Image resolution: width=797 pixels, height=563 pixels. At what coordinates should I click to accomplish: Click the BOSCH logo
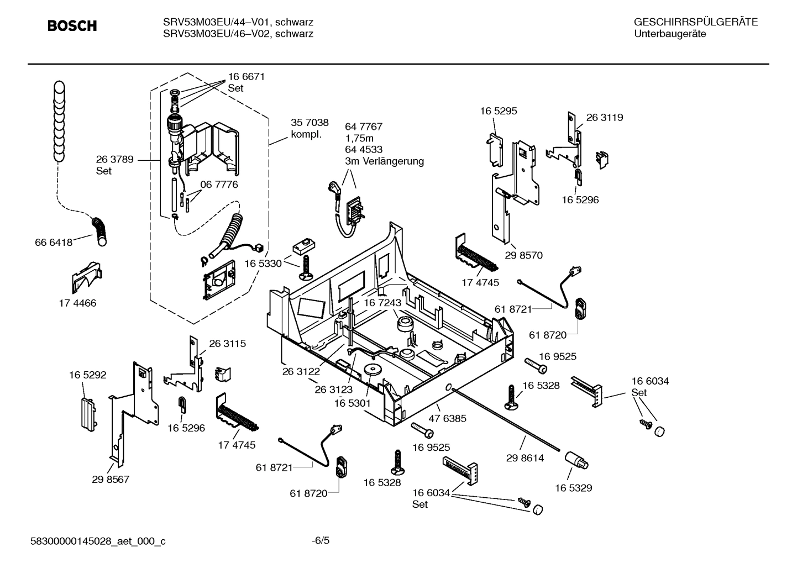(x=72, y=26)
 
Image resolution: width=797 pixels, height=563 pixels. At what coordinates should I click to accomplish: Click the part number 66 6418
(x=54, y=242)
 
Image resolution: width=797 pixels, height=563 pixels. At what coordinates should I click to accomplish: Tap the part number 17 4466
(x=77, y=303)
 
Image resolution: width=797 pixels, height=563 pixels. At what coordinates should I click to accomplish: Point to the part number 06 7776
(x=219, y=185)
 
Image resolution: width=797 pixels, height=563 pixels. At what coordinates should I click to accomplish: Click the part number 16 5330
(x=263, y=264)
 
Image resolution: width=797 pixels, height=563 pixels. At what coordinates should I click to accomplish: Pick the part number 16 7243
(x=382, y=303)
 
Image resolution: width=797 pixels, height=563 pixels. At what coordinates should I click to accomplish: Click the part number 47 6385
(x=447, y=418)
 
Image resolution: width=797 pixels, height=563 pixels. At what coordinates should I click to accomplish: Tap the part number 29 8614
(x=525, y=457)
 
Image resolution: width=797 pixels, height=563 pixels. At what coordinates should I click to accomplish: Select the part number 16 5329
(x=573, y=488)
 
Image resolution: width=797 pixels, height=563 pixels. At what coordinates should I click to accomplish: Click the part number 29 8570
(x=524, y=255)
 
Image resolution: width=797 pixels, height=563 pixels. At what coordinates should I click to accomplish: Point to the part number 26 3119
(x=604, y=117)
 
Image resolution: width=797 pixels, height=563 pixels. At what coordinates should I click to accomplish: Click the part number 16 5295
(x=498, y=111)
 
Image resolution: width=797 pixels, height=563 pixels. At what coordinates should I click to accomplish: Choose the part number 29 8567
(x=111, y=479)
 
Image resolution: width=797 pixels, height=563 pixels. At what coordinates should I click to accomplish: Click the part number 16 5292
(x=87, y=375)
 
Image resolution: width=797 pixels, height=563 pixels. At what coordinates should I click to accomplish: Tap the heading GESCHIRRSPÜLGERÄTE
(x=695, y=22)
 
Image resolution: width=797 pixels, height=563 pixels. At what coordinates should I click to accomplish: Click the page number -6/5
(x=321, y=540)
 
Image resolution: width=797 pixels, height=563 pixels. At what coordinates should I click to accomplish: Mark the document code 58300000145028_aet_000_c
(x=98, y=541)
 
